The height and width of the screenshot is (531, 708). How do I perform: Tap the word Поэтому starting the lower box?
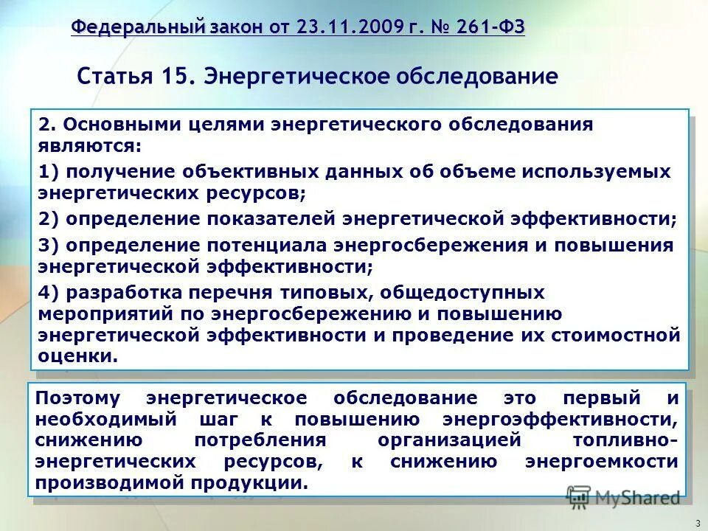click(x=78, y=398)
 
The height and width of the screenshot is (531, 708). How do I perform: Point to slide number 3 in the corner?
click(x=696, y=523)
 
